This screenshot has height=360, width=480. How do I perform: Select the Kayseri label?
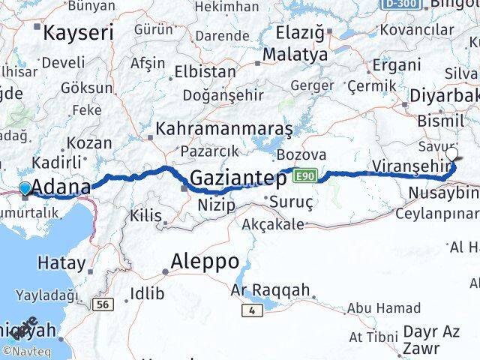78,33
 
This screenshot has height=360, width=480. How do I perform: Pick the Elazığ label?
300,34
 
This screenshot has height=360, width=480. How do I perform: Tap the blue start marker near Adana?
25,188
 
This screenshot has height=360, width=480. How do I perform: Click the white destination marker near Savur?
451,154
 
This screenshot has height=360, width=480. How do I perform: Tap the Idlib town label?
147,293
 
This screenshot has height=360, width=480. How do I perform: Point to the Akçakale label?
274,223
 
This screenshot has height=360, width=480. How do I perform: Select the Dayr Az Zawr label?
430,339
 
